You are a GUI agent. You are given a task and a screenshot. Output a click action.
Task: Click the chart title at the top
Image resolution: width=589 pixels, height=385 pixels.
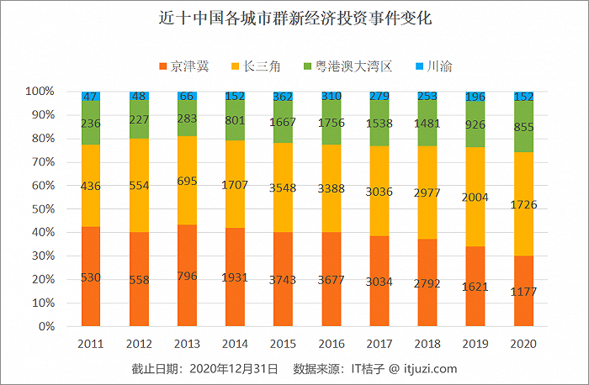[294, 18]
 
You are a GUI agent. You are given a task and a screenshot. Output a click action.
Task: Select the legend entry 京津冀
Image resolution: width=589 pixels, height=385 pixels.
[185, 66]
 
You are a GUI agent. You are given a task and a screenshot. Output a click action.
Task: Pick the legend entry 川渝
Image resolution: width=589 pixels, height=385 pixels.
[433, 66]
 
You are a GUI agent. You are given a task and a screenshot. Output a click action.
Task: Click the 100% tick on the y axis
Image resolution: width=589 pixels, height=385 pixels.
[39, 91]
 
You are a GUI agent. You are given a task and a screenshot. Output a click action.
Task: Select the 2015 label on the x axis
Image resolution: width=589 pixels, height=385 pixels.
[283, 344]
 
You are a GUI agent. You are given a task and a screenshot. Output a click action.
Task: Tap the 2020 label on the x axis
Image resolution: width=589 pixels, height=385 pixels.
[523, 344]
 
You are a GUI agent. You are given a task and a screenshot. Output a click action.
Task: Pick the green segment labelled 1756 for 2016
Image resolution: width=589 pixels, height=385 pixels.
[331, 123]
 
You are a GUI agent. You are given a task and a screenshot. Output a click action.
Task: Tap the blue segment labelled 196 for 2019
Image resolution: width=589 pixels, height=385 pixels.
[475, 97]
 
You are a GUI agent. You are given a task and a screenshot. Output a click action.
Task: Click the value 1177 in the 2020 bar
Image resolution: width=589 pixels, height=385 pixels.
[523, 293]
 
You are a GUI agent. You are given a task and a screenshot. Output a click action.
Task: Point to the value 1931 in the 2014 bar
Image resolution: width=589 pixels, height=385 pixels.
[235, 277]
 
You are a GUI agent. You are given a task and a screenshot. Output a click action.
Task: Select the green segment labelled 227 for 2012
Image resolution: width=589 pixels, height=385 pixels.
[139, 119]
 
